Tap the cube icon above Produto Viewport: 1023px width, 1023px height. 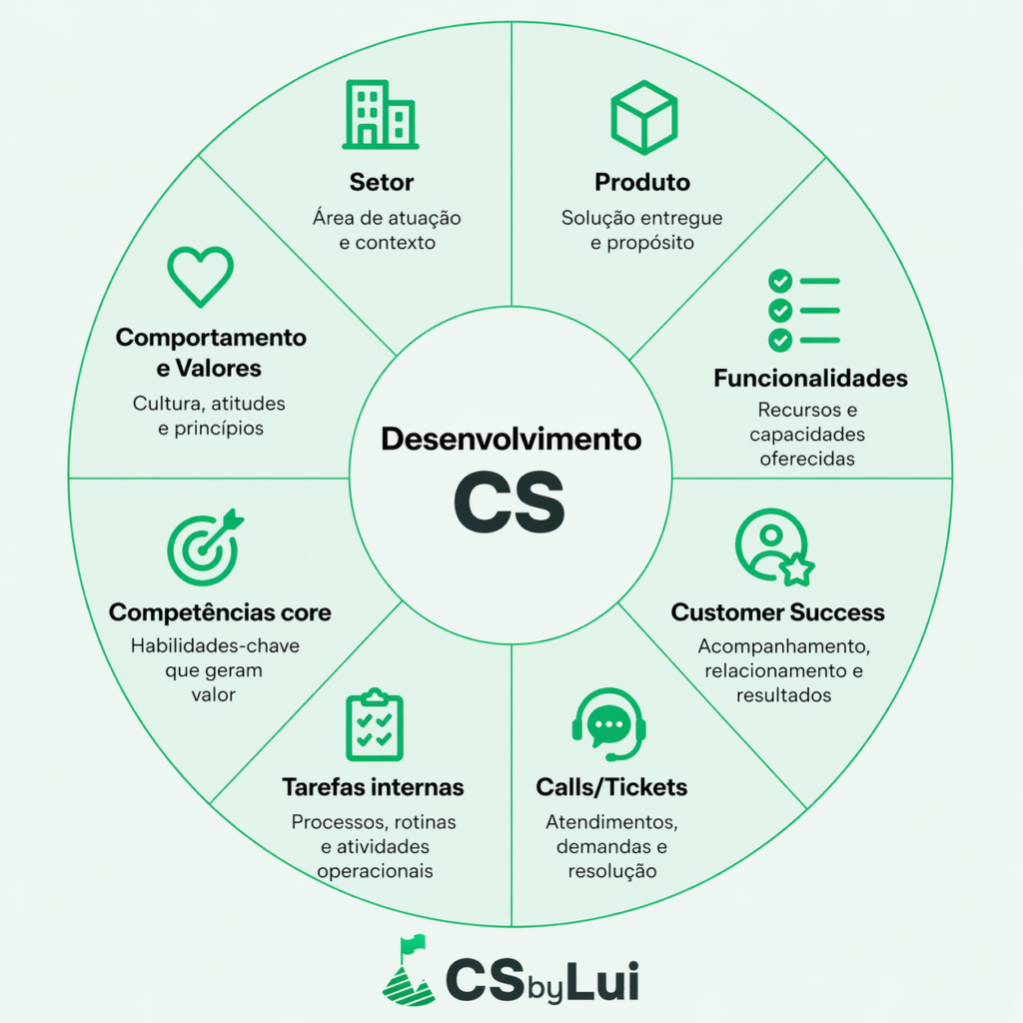[644, 117]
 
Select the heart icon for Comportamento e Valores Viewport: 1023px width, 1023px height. [200, 277]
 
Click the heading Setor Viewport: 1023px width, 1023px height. [382, 183]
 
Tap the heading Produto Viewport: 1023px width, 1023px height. [642, 183]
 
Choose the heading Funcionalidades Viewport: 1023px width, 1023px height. [810, 379]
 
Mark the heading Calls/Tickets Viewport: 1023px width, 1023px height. [611, 787]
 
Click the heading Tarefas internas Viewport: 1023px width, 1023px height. [373, 787]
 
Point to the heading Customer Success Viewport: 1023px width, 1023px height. [777, 612]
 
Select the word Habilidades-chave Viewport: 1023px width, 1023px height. [215, 645]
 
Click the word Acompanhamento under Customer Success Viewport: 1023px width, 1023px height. [777, 645]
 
